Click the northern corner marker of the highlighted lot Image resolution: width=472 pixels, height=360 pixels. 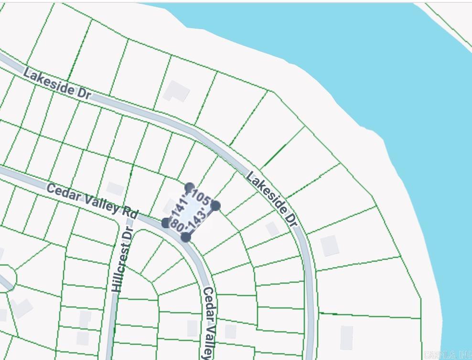pyautogui.click(x=190, y=187)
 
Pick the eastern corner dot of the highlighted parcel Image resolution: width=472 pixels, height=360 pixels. pyautogui.click(x=215, y=206)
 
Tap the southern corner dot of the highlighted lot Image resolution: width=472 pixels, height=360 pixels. pyautogui.click(x=186, y=237)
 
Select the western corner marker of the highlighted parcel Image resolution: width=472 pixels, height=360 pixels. pyautogui.click(x=166, y=222)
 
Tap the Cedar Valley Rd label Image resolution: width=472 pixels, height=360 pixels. pyautogui.click(x=93, y=200)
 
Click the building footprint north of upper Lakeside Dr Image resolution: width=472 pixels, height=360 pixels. pyautogui.click(x=176, y=91)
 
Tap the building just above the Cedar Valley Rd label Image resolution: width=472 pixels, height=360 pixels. pyautogui.click(x=115, y=189)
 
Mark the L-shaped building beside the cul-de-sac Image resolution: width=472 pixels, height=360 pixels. pyautogui.click(x=21, y=307)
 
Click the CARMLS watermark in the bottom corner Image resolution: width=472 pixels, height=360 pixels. pyautogui.click(x=447, y=355)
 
